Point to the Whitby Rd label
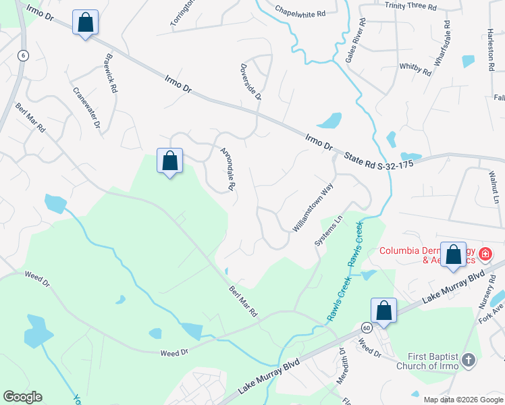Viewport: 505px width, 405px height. pyautogui.click(x=415, y=68)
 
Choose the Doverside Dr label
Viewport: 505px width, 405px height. pyautogui.click(x=250, y=82)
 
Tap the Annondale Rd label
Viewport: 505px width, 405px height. pyautogui.click(x=226, y=167)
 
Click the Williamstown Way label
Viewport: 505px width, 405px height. pyautogui.click(x=313, y=209)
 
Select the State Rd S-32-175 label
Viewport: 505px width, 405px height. pyautogui.click(x=378, y=161)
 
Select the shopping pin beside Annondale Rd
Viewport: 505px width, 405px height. pyautogui.click(x=170, y=161)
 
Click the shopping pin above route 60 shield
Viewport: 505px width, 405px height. pyautogui.click(x=384, y=310)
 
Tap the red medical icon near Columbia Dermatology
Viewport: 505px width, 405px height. pyautogui.click(x=485, y=255)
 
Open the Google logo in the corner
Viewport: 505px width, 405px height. pyautogui.click(x=22, y=397)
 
